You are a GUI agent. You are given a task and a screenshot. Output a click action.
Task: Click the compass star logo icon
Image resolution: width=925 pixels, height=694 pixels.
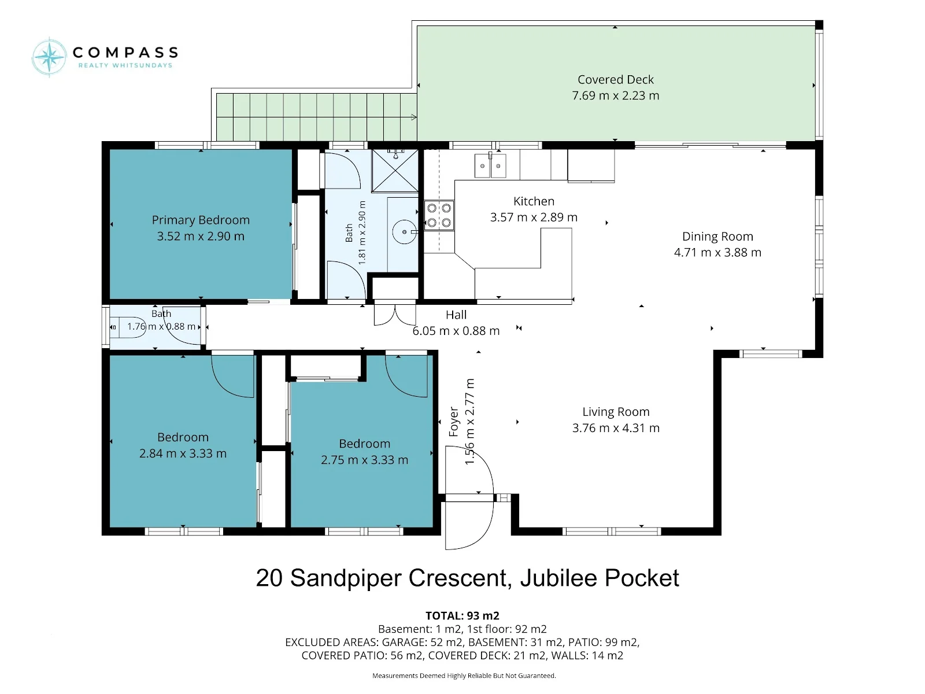point(49,57)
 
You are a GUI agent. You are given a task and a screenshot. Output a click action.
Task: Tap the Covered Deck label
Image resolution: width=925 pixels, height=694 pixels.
point(615,80)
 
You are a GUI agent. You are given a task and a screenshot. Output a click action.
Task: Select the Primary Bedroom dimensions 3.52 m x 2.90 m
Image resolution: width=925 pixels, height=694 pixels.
point(201,236)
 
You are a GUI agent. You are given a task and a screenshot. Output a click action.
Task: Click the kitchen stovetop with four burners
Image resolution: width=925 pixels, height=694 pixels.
point(439,215)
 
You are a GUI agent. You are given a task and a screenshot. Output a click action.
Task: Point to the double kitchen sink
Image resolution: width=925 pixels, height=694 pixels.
point(490,165)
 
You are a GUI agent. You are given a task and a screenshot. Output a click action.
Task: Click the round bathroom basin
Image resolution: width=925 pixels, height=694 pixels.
point(405,232)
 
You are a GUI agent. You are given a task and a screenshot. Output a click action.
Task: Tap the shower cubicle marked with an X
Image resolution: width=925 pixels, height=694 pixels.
point(395,171)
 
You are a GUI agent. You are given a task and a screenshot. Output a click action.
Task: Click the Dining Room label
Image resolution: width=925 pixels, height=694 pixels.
point(717,237)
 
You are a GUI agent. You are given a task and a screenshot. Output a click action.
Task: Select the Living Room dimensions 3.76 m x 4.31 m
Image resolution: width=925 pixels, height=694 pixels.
point(616,428)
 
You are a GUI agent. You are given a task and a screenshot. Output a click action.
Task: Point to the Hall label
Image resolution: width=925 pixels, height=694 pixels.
point(456,315)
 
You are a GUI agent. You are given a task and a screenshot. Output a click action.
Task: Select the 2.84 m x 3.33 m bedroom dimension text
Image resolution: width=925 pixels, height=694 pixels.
point(183,453)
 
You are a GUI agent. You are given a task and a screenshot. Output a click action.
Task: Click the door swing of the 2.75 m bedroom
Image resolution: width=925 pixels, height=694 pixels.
point(406,376)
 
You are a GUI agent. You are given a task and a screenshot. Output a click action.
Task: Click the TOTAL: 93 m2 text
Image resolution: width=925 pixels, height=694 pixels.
point(462,616)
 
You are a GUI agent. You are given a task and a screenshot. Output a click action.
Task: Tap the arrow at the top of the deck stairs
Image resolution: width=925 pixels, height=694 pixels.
point(414,117)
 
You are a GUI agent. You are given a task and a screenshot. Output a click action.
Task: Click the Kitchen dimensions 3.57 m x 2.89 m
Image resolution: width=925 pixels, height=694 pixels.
point(534,217)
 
